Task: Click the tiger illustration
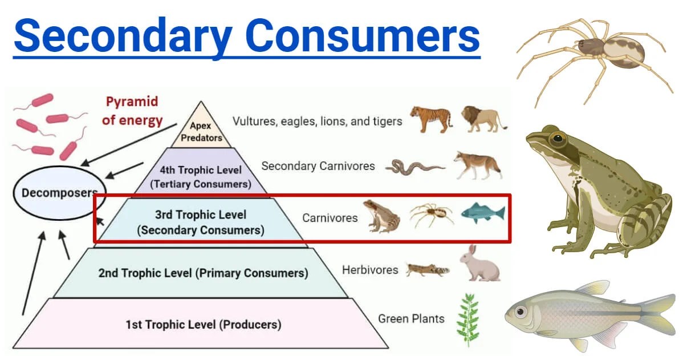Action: (x=430, y=119)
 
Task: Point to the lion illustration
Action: (x=483, y=118)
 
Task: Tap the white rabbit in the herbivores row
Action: (x=480, y=264)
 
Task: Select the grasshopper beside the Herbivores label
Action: (x=427, y=269)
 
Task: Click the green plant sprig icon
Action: (x=468, y=320)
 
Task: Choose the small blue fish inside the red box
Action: (x=483, y=213)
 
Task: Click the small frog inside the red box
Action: (x=381, y=216)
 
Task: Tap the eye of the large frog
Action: (x=556, y=138)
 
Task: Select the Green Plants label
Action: (x=411, y=318)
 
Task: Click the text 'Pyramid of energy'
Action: (x=134, y=111)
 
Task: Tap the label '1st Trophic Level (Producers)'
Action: (x=204, y=325)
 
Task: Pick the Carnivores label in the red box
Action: (x=330, y=218)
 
